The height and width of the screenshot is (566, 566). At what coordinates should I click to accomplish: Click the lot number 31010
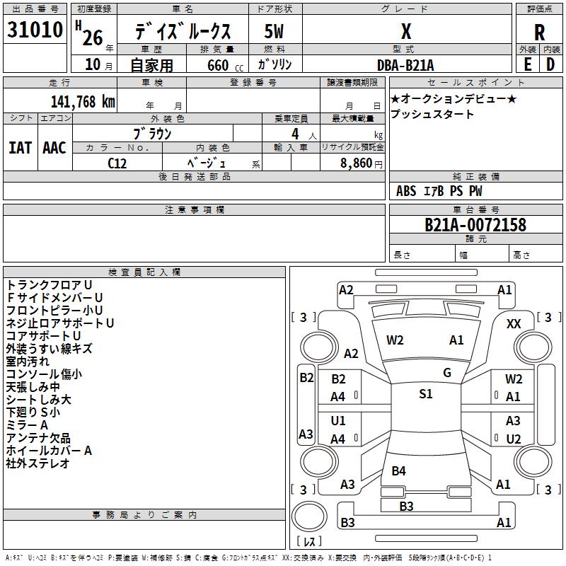(x=35, y=30)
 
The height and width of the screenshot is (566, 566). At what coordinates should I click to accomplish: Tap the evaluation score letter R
(x=539, y=32)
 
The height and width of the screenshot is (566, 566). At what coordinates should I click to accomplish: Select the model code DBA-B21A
(x=405, y=64)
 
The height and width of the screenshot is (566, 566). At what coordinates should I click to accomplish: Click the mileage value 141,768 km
(x=82, y=101)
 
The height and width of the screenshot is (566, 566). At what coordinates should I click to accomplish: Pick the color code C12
(x=117, y=163)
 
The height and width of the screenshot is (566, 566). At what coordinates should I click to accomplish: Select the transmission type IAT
(x=20, y=148)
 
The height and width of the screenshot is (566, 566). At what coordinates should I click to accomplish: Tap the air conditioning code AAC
(x=54, y=148)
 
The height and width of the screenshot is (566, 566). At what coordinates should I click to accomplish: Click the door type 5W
(x=275, y=32)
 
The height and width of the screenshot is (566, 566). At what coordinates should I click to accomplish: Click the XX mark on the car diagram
(x=514, y=323)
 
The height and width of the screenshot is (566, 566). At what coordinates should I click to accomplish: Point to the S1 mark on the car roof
(x=425, y=394)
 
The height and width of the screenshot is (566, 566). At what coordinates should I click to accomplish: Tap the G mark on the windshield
(x=447, y=372)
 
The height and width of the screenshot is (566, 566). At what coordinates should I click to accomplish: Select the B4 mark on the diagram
(x=399, y=470)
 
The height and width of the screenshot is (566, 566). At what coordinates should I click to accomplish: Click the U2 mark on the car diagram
(x=514, y=439)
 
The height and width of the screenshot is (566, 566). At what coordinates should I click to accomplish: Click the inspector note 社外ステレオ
(x=38, y=463)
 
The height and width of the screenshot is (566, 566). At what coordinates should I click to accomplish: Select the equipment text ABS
(x=406, y=191)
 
